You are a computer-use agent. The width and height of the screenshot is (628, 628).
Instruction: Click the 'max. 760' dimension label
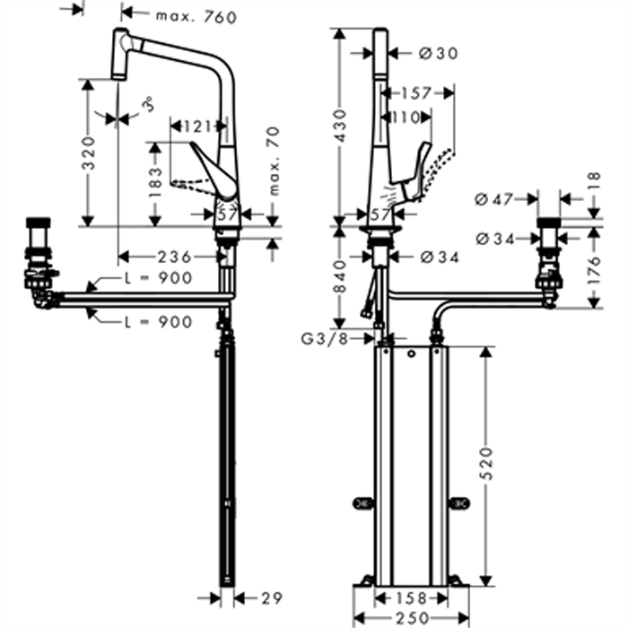point(196,17)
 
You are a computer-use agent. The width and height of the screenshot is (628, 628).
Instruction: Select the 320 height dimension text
point(89,153)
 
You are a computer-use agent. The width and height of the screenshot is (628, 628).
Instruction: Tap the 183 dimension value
point(155,182)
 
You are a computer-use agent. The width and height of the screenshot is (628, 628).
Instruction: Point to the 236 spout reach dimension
point(175,257)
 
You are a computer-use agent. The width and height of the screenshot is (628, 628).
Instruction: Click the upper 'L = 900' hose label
point(158,277)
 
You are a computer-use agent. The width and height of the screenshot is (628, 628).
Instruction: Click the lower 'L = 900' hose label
point(158,321)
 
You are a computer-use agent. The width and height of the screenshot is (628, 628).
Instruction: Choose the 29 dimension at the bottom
point(272,598)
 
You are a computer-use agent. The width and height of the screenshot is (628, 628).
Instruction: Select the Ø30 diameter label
point(439,53)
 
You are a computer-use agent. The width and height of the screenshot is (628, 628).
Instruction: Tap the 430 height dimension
point(340,126)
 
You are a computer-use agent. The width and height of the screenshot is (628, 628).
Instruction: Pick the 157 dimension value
point(416,93)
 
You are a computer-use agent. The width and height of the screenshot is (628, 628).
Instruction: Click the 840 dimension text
point(340,276)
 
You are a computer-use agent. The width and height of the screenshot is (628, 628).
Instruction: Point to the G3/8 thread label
point(325,339)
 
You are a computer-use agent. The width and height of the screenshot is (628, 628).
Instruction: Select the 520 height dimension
point(486,464)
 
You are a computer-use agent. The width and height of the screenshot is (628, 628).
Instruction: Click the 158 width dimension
point(410,598)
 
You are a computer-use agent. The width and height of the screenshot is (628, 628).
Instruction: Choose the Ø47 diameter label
point(493,199)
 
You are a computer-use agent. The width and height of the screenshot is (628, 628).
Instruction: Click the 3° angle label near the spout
point(149,104)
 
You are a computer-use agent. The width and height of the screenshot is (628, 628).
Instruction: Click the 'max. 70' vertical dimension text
point(274,161)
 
